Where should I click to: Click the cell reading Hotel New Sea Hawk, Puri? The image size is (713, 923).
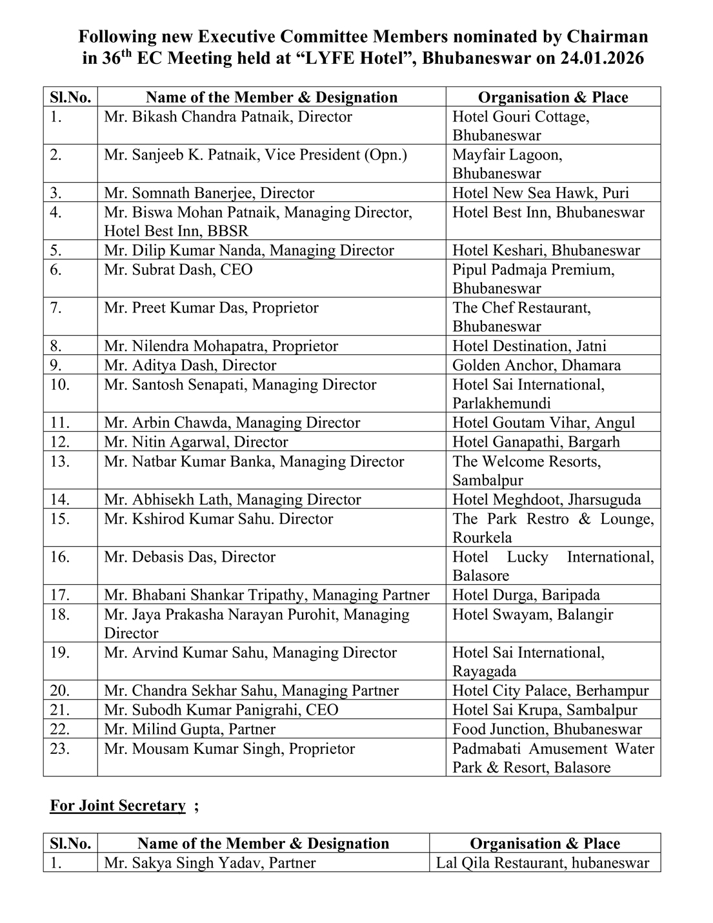541,193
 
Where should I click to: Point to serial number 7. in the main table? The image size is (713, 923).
56,308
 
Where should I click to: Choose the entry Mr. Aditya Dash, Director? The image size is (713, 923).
190,365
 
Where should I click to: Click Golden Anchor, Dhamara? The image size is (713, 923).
536,365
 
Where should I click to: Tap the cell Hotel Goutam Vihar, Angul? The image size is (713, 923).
543,423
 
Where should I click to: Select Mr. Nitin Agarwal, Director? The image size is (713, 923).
196,442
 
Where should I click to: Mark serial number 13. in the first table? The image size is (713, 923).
59,462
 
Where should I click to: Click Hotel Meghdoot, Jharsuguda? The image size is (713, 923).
547,500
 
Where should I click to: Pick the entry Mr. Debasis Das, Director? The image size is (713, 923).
190,557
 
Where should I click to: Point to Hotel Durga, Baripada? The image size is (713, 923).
526,595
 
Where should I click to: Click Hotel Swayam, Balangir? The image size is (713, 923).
532,614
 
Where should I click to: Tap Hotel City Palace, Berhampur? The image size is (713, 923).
550,691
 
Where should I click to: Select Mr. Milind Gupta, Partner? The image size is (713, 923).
189,729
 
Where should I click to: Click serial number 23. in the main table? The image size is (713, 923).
59,749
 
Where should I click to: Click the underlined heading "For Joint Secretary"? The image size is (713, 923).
117,806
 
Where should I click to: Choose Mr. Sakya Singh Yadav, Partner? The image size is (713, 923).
210,863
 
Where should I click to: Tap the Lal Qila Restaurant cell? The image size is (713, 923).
542,863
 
